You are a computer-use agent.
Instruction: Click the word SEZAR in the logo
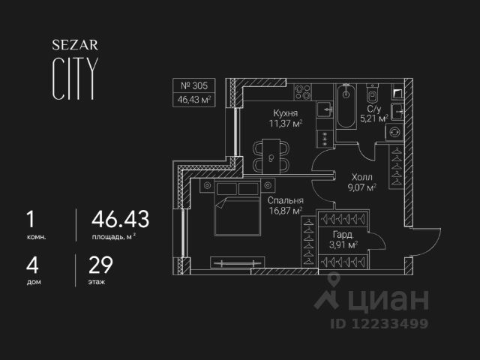point(72,44)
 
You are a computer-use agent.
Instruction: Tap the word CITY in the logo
point(73,78)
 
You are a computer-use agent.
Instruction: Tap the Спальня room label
point(284,201)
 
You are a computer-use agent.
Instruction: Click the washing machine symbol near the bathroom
point(394,130)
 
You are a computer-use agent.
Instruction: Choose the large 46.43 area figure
point(120,219)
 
